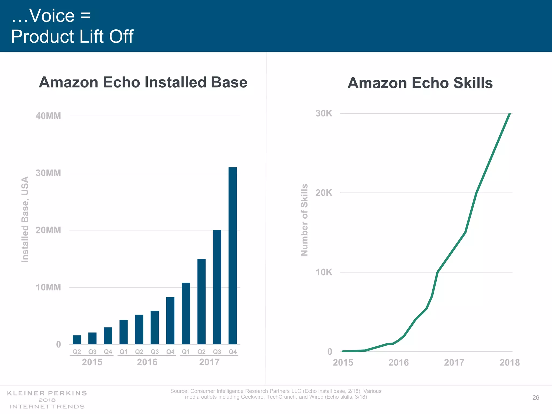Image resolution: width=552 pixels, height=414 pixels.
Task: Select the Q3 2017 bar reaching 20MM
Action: click(217, 287)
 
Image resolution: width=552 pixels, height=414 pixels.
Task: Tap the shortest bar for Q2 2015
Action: click(77, 340)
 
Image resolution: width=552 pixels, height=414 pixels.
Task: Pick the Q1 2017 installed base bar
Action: click(186, 313)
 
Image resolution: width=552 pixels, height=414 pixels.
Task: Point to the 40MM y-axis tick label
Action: click(48, 116)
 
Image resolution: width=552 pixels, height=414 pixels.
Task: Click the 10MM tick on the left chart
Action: click(48, 287)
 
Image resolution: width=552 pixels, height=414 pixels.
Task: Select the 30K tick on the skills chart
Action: click(324, 113)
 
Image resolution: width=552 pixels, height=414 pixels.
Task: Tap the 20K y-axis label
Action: click(324, 193)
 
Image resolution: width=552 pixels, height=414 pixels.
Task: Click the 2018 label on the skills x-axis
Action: click(509, 363)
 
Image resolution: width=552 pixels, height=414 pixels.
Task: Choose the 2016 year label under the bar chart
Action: click(147, 362)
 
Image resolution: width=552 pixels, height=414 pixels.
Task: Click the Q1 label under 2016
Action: click(123, 352)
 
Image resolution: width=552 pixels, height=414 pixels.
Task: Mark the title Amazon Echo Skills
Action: click(420, 83)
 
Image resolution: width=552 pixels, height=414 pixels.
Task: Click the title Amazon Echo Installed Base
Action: click(143, 82)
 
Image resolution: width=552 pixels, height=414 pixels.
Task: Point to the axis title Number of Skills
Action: click(304, 220)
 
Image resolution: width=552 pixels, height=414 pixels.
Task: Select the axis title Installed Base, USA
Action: click(25, 219)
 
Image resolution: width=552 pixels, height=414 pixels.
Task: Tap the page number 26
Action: click(536, 398)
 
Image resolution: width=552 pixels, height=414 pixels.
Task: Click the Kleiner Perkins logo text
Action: click(47, 393)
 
